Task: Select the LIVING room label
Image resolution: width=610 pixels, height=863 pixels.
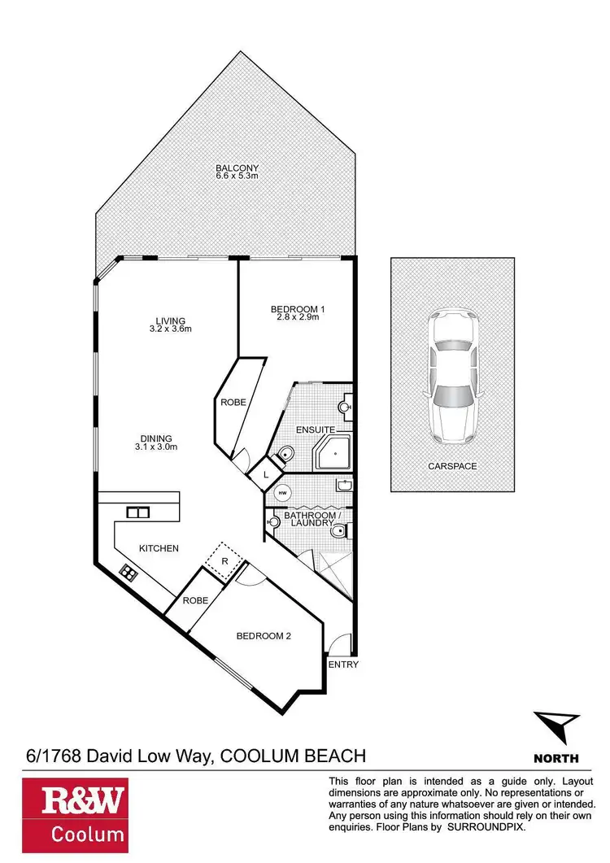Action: tap(172, 320)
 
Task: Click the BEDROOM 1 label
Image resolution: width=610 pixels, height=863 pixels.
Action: tap(297, 308)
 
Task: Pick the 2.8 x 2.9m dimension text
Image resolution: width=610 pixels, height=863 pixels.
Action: tap(298, 317)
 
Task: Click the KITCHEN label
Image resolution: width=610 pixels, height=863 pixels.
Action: tap(159, 548)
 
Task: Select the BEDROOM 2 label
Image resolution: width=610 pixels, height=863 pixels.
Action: tap(264, 635)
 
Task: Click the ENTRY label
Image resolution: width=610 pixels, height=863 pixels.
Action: tap(342, 665)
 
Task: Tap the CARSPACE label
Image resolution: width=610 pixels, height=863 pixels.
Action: tap(452, 467)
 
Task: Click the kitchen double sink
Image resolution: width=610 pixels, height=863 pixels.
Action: tap(137, 512)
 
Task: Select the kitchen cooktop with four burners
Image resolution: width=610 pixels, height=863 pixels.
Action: tap(128, 572)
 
